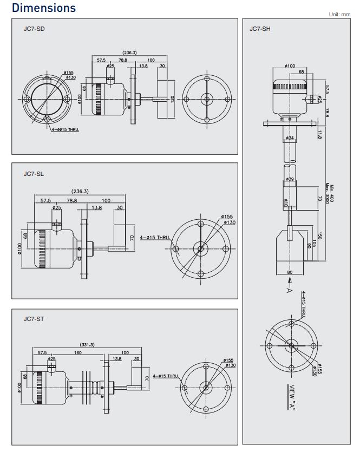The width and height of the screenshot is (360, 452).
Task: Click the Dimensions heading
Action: [44, 8]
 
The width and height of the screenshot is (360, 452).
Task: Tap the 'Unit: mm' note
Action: [339, 15]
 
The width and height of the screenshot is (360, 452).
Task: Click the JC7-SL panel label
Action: [34, 174]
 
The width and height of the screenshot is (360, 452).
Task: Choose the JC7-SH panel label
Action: [260, 28]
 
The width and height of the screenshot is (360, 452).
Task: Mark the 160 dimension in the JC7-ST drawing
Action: [78, 352]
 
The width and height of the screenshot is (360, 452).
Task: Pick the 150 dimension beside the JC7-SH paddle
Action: [319, 237]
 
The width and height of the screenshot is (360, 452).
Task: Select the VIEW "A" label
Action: [293, 399]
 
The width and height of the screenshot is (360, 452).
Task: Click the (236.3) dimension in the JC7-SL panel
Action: [80, 191]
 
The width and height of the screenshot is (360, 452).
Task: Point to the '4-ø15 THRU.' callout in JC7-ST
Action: [166, 376]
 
